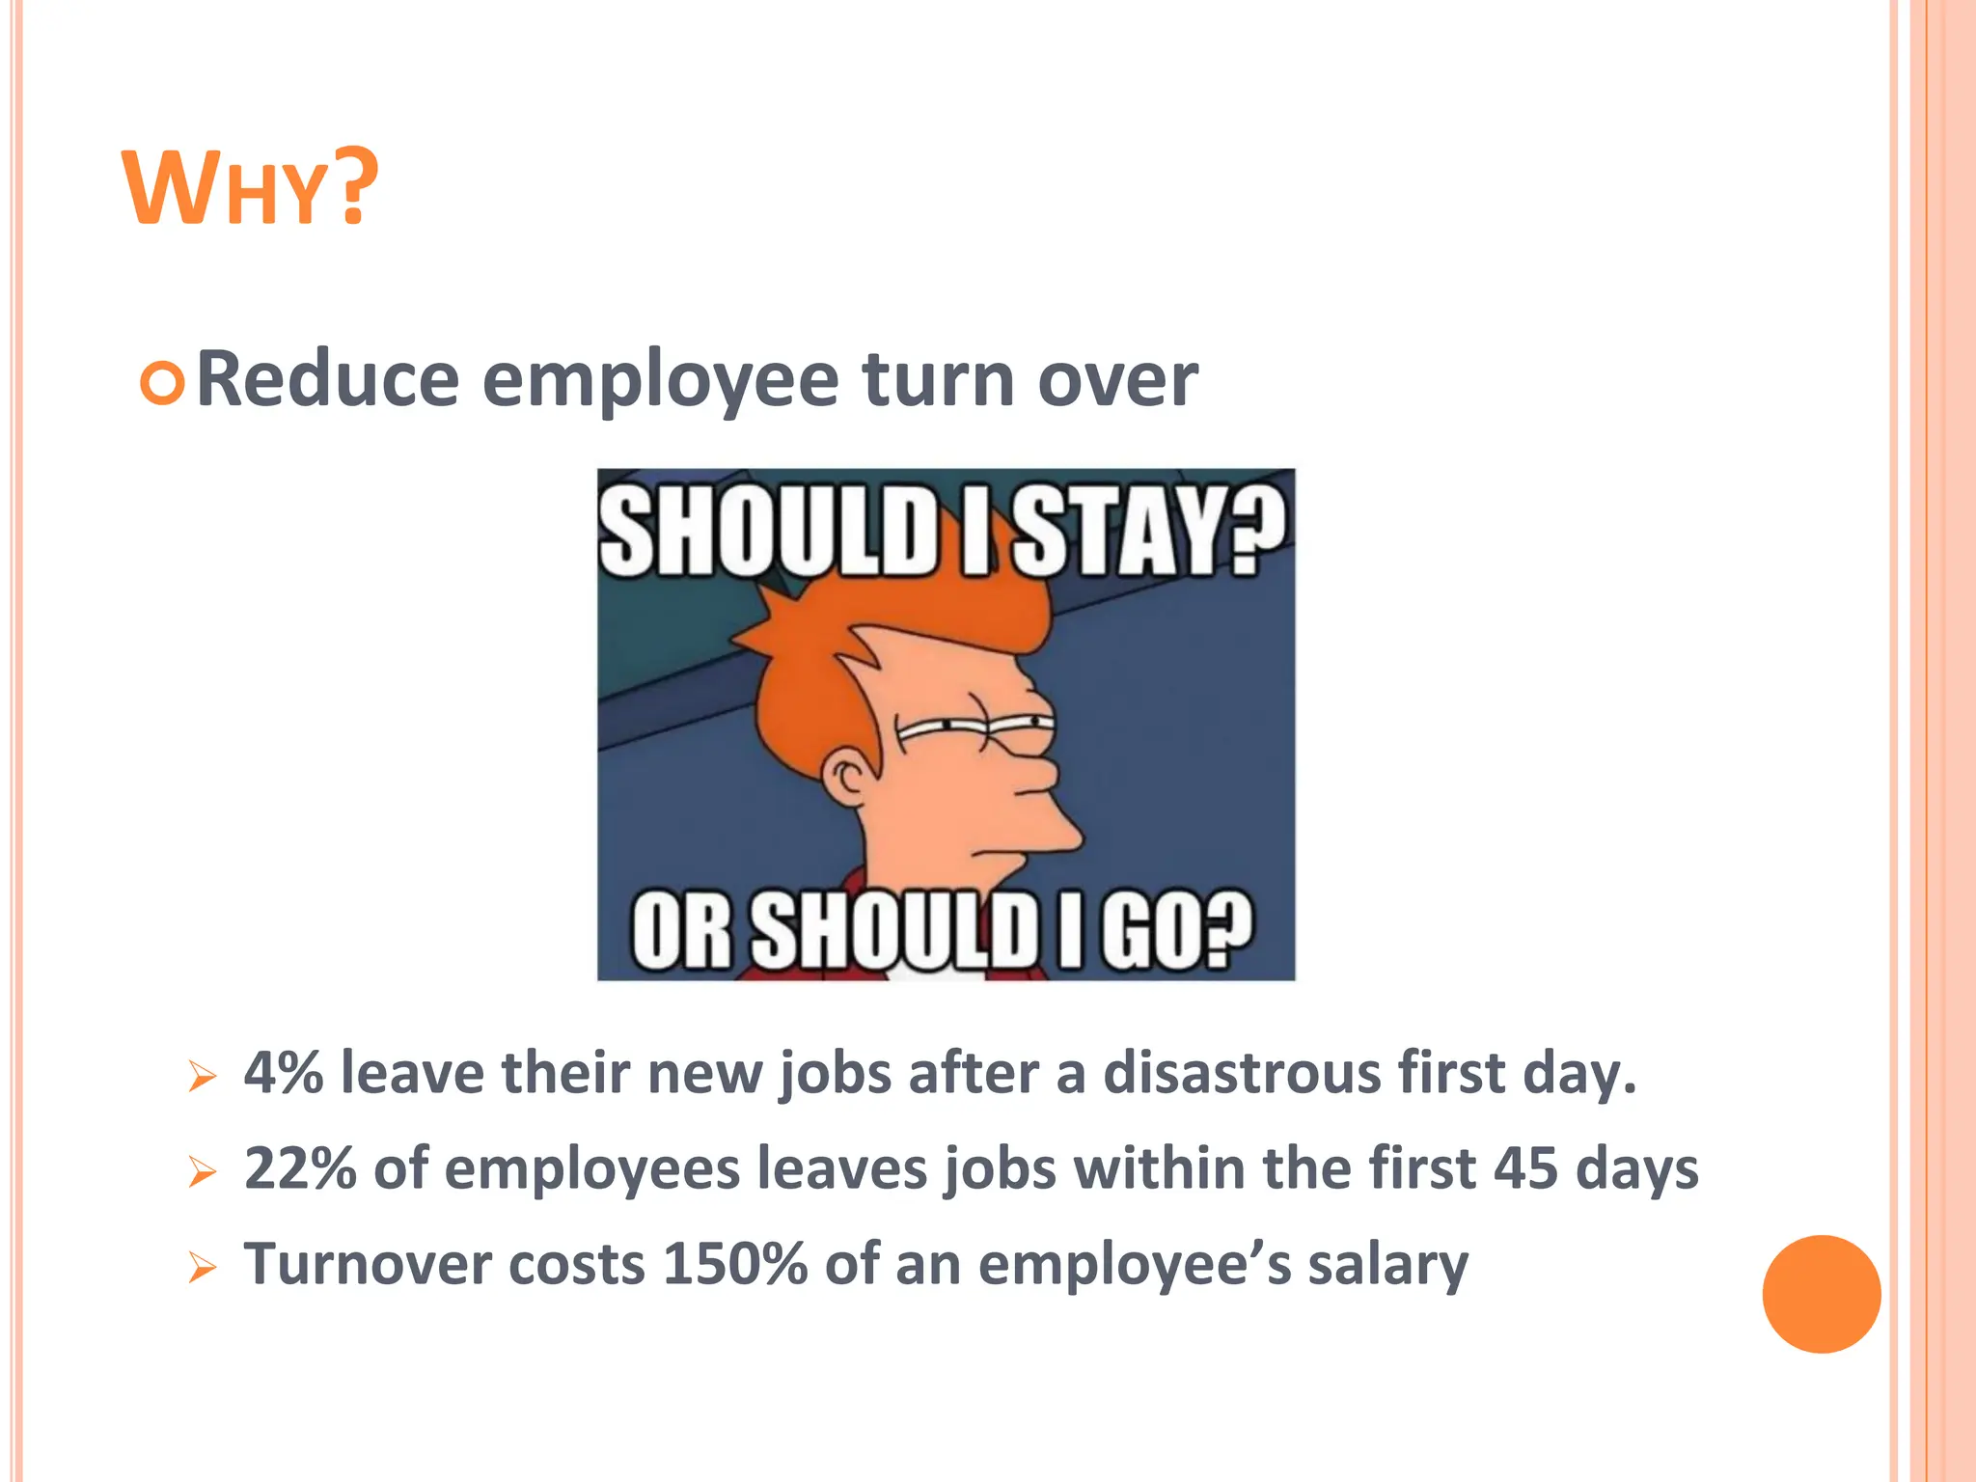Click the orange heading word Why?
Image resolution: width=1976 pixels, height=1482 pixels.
[249, 189]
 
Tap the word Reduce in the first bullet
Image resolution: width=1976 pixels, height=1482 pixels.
[327, 380]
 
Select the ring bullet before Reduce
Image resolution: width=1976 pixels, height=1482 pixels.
[162, 383]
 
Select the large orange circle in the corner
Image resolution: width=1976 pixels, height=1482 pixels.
[1821, 1294]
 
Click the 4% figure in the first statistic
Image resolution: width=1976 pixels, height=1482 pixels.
[283, 1073]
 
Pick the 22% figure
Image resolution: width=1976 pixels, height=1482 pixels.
[300, 1168]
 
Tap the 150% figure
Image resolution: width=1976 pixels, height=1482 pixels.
[735, 1264]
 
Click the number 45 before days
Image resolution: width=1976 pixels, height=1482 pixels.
[1525, 1168]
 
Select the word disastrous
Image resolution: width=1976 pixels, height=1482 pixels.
[1242, 1073]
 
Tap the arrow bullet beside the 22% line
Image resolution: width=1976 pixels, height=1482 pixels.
[203, 1171]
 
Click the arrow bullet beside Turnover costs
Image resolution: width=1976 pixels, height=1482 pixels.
[203, 1267]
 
